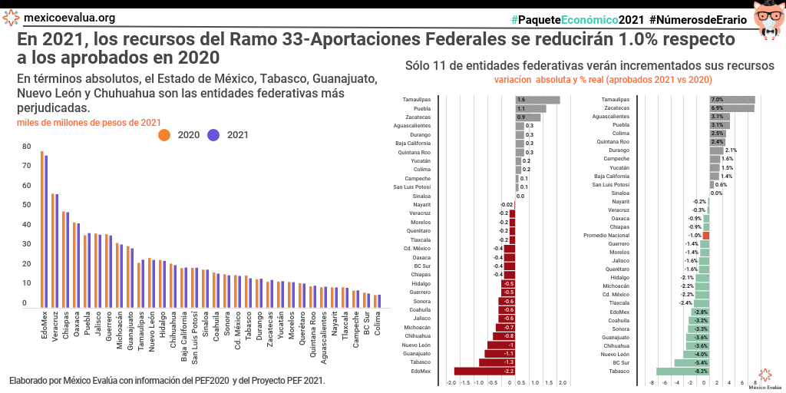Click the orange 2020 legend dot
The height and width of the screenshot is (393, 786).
[164, 135]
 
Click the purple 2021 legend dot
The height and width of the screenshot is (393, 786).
[213, 135]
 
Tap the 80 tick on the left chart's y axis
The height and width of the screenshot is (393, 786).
[26, 147]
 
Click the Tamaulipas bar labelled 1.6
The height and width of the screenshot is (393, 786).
[537, 100]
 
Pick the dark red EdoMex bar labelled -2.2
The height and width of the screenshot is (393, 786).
[484, 372]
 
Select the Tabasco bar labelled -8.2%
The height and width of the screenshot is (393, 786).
[683, 372]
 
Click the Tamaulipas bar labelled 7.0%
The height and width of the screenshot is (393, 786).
[732, 100]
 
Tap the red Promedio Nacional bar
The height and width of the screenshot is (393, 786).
[706, 236]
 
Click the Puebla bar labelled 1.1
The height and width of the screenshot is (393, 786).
[530, 109]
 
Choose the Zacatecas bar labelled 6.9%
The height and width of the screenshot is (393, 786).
[732, 109]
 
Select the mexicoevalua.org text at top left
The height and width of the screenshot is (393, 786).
[69, 18]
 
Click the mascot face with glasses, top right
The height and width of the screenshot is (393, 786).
[765, 20]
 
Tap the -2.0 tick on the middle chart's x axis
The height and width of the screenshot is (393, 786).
[451, 382]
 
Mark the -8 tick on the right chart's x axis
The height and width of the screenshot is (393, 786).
[652, 382]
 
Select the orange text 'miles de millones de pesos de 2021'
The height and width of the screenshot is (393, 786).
[89, 122]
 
